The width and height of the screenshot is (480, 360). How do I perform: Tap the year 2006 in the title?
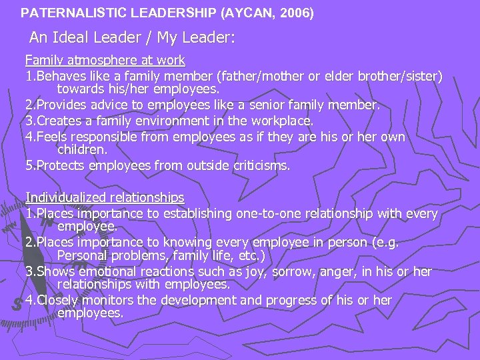coord(295,12)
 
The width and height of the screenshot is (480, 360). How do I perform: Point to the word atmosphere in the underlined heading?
coord(97,61)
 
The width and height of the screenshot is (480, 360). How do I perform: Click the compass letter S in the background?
coord(17,303)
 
